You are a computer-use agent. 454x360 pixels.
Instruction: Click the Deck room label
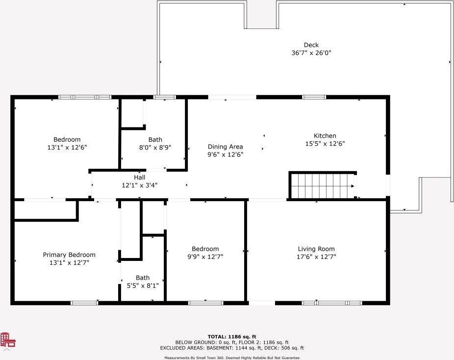pos(311,45)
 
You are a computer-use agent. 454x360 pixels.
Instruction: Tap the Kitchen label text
pos(325,135)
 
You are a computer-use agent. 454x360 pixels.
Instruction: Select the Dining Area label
pos(225,147)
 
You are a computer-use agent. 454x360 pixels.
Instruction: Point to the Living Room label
pos(316,249)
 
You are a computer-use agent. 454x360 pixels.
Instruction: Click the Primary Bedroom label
pos(69,255)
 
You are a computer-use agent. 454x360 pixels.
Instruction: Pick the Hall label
pos(140,177)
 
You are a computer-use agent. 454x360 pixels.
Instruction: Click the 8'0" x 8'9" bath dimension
pos(155,148)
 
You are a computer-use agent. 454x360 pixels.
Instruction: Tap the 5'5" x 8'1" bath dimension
pos(143,286)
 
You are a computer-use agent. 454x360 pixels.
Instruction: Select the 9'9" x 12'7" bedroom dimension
pos(205,257)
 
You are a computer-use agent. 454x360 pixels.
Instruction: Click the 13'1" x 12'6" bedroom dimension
pos(67,148)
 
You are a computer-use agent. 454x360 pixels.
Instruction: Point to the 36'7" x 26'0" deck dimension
pos(311,52)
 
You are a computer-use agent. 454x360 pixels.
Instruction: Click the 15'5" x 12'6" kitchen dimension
pos(325,143)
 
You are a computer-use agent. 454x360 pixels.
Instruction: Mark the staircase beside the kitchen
pos(323,186)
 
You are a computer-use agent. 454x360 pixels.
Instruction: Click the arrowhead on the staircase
pos(353,186)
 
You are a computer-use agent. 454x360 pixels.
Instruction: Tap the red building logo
pos(8,340)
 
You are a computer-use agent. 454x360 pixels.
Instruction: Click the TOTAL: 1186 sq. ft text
pos(232,336)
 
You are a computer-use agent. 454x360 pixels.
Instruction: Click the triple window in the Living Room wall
pos(332,303)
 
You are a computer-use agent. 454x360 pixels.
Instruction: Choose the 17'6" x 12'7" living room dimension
pos(316,257)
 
